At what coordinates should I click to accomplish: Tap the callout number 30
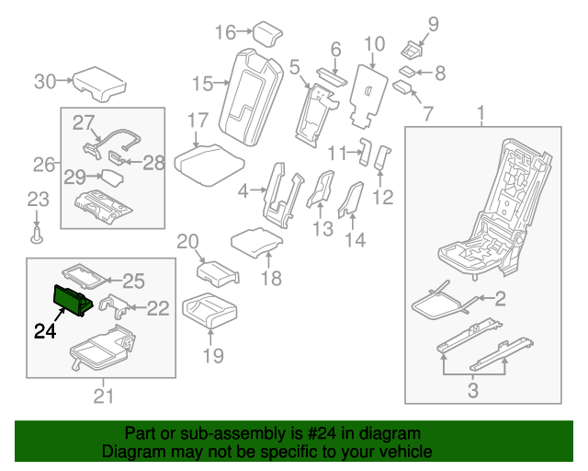pyautogui.click(x=45, y=81)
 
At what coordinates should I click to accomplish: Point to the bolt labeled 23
pyautogui.click(x=37, y=235)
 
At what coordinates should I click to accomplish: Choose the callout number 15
pyautogui.click(x=203, y=85)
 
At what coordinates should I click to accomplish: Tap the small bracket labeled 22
pyautogui.click(x=115, y=305)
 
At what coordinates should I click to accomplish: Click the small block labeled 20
pyautogui.click(x=216, y=271)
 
